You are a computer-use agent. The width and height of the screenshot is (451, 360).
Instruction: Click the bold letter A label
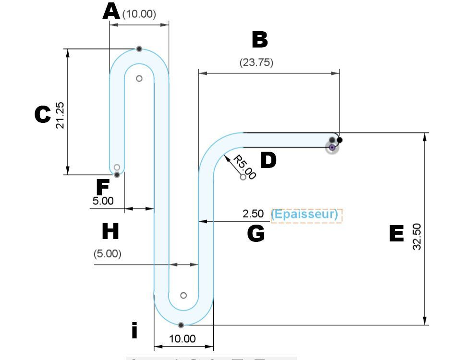point(111,12)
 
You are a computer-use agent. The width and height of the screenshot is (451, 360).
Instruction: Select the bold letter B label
point(259,40)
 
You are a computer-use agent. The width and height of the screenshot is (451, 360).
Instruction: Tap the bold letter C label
point(42,115)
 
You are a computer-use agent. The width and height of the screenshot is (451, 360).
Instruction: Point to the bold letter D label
point(268,160)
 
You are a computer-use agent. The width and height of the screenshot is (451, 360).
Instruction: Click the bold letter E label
point(396,234)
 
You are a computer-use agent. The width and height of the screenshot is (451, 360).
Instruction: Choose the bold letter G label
point(256,234)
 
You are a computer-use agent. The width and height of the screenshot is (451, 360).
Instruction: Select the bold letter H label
point(110,232)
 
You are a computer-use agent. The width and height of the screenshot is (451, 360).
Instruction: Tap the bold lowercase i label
point(135,330)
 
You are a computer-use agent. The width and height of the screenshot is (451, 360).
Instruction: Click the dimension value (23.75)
point(256,62)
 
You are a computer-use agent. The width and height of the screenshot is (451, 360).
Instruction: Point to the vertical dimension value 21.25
point(60,116)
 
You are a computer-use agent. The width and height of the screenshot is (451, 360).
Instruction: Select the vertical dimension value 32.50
point(416,236)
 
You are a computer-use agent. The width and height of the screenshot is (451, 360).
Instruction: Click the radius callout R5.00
point(244,167)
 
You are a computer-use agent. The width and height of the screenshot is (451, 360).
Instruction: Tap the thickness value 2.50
point(253,214)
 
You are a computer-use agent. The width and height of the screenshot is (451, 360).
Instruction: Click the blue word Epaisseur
point(305,215)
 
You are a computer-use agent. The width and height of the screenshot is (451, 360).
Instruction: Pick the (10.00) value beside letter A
point(139,14)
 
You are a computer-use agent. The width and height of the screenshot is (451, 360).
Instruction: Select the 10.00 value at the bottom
point(183,339)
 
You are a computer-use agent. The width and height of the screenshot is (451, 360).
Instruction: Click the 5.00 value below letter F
point(103,201)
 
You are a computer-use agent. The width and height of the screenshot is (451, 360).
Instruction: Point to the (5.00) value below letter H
point(107,253)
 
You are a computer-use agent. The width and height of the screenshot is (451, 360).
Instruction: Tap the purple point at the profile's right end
point(331,147)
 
